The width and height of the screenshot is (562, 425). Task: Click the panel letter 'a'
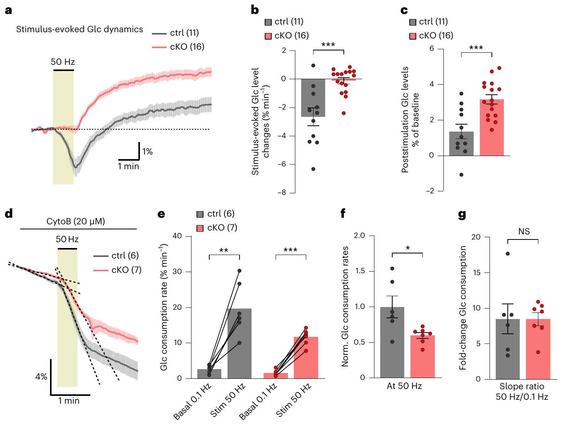[x=8, y=10]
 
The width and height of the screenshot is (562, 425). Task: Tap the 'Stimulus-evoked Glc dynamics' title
[x=79, y=29]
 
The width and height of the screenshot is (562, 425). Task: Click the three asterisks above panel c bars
[x=476, y=49]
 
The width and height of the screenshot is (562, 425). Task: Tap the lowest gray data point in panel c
[x=462, y=175]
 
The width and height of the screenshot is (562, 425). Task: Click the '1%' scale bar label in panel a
[x=148, y=152]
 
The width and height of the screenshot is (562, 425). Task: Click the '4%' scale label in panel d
[x=41, y=376]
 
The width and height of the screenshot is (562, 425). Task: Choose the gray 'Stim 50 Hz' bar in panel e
[x=239, y=343]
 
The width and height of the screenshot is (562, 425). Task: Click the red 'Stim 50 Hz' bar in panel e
[x=306, y=357]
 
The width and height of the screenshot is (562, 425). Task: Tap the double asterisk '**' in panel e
[x=224, y=250]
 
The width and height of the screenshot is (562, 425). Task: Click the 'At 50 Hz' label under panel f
[x=404, y=386]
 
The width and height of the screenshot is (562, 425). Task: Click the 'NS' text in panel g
[x=524, y=232]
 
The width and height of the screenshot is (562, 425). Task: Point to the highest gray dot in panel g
[x=508, y=254]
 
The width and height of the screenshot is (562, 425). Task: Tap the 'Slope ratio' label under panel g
[x=522, y=387]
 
